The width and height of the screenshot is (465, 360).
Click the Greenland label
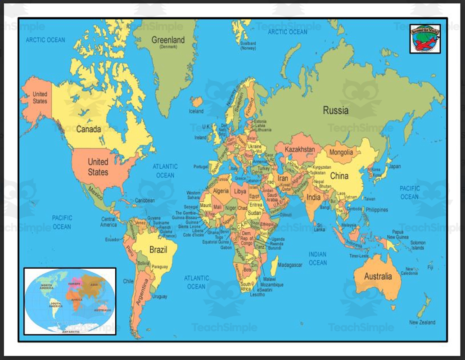coord(168,40)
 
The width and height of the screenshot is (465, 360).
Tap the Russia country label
coord(335,110)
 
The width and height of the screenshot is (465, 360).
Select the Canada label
coord(88,129)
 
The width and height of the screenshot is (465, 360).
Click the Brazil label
coord(158,250)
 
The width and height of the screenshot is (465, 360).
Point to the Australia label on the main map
coord(378,276)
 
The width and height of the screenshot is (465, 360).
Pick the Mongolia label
coord(341,153)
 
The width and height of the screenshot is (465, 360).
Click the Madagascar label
coord(289,265)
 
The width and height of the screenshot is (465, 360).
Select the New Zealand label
coord(422,322)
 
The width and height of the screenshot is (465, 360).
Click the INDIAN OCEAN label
coord(317,258)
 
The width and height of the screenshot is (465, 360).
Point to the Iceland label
coord(196,111)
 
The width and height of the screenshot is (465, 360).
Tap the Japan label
coord(395,166)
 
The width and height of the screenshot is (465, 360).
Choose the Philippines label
coord(377,210)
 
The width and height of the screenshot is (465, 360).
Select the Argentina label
coord(143,293)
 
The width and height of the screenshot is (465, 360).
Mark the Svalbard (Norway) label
coord(248,46)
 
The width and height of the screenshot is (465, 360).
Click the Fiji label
coord(430,268)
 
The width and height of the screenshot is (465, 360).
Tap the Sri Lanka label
coord(320,227)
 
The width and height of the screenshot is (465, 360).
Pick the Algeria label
coord(221,191)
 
